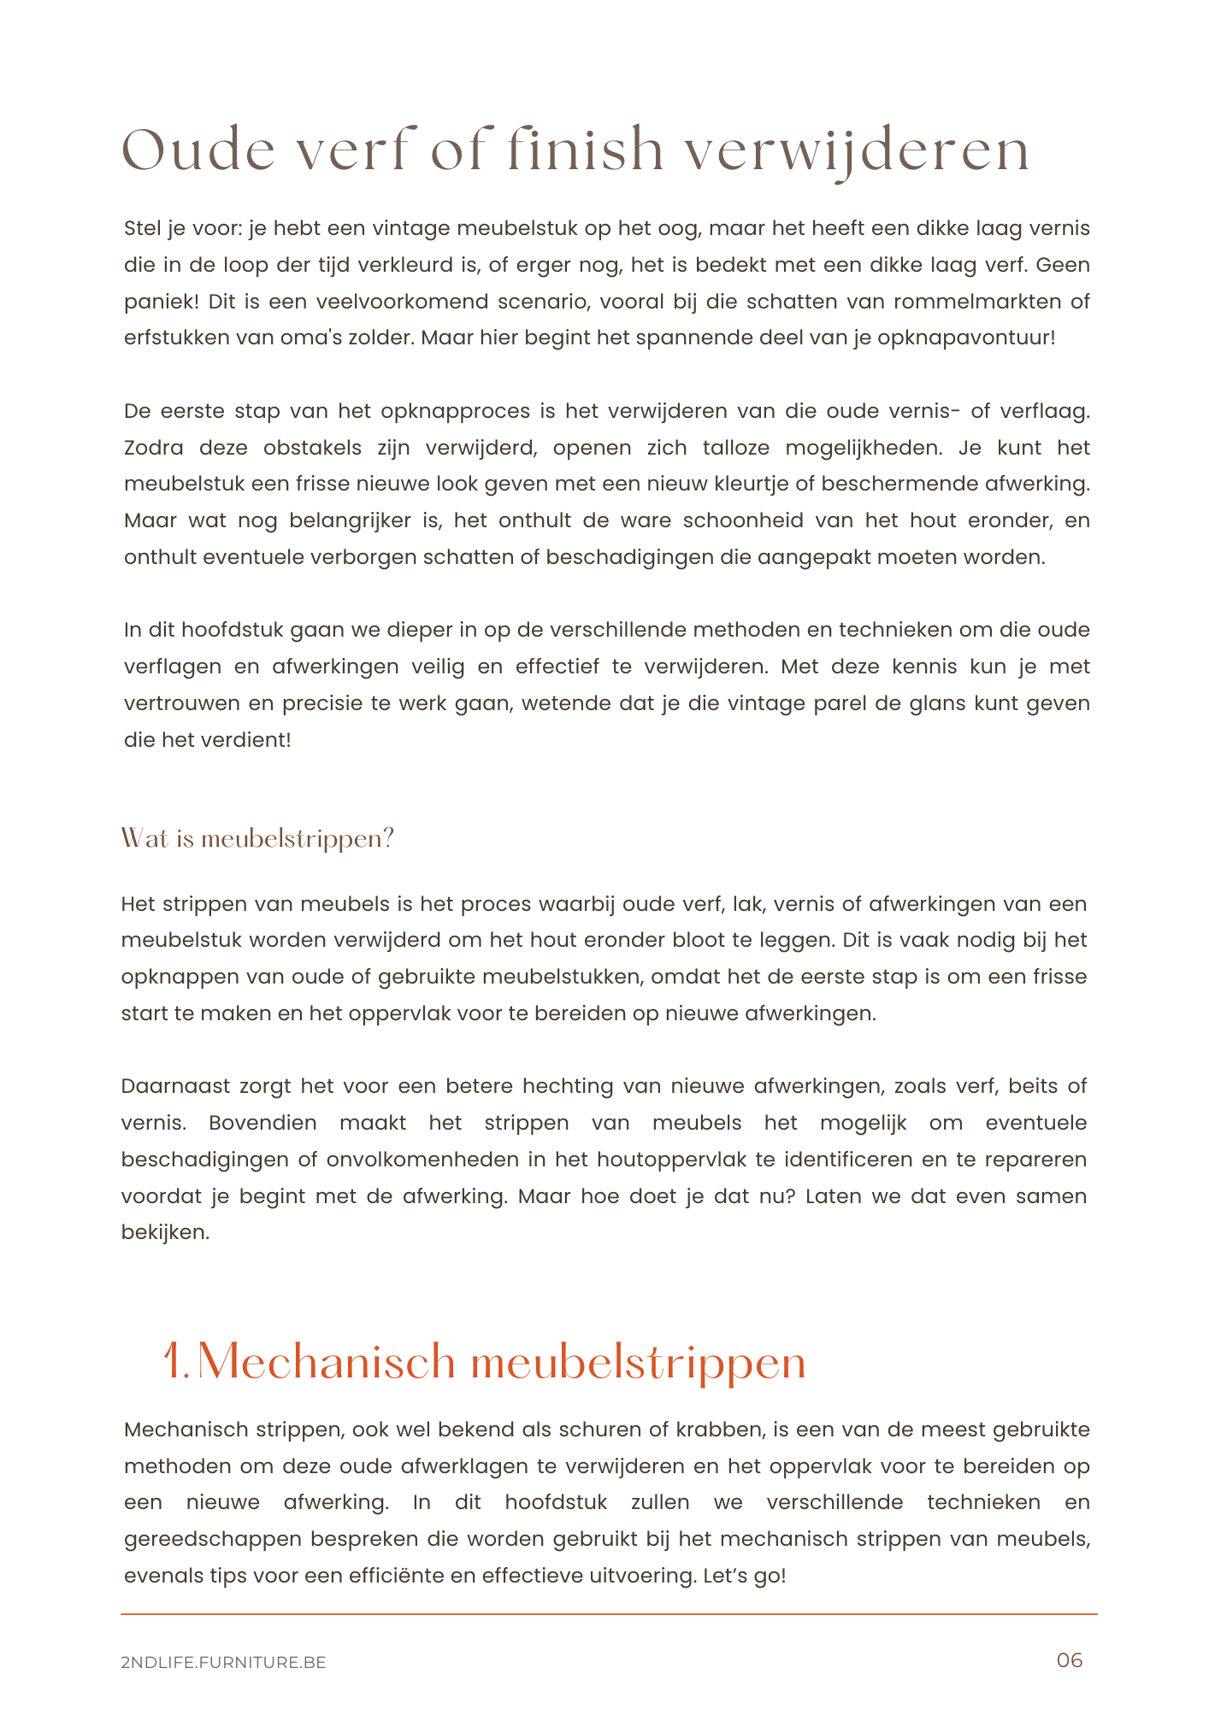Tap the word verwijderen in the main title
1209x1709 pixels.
858,152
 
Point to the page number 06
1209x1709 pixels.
1070,1660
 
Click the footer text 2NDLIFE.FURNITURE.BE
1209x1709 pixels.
224,1662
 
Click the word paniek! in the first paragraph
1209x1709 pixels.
161,302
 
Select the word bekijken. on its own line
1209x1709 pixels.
165,1232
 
